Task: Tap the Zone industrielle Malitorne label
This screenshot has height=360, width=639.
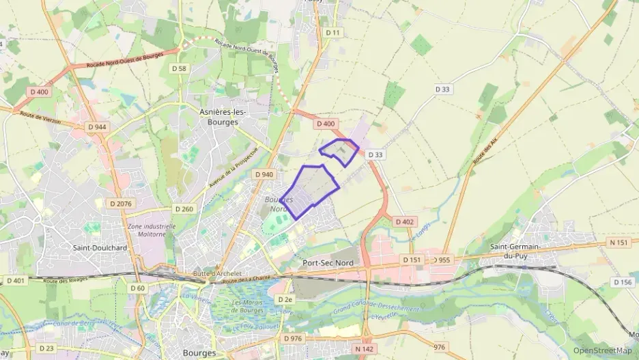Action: click(x=151, y=230)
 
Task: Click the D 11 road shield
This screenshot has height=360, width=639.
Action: click(x=332, y=33)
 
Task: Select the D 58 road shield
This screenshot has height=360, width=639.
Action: click(x=180, y=68)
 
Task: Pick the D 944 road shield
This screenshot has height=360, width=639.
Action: click(x=97, y=127)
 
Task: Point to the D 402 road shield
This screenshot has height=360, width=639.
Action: click(x=404, y=221)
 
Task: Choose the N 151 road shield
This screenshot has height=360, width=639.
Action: click(x=619, y=243)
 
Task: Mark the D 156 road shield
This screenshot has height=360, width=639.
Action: click(x=623, y=282)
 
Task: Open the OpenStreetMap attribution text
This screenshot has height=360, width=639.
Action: click(x=603, y=350)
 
